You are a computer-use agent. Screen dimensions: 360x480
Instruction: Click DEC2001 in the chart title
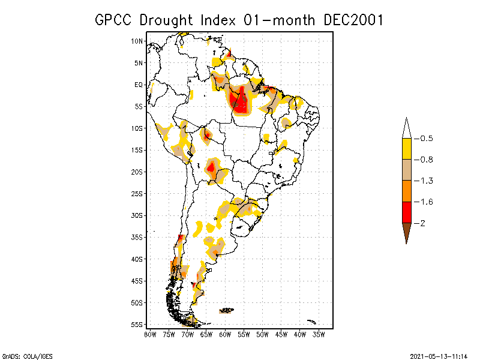[x=353, y=20]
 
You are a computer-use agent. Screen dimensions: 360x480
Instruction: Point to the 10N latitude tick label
[x=137, y=41]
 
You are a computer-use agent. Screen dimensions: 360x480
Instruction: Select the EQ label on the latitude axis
[x=139, y=85]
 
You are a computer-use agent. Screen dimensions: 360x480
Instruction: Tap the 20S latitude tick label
[x=137, y=172]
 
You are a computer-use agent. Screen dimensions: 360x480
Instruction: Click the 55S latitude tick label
[x=137, y=325]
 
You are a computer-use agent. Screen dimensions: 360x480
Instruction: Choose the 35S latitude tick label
[x=137, y=237]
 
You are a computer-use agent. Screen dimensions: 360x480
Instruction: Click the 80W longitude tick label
[x=150, y=334]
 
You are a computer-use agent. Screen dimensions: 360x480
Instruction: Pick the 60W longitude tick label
[x=225, y=334]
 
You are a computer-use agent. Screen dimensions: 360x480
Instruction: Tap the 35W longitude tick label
[x=319, y=334]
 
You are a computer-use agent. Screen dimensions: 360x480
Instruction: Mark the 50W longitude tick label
[x=262, y=334]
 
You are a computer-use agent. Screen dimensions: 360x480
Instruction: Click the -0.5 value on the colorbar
[x=427, y=139]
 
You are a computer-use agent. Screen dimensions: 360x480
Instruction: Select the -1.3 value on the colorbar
[x=427, y=181]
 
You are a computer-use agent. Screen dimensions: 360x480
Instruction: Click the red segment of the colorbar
[x=407, y=212]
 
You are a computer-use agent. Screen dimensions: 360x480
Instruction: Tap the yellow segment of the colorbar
[x=407, y=149]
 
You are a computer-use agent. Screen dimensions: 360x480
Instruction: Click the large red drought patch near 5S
[x=241, y=102]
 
